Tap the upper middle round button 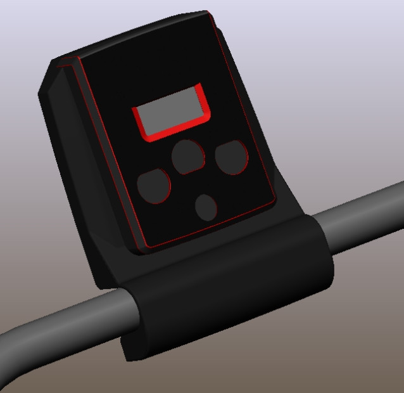click(188, 157)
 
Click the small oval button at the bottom click(206, 207)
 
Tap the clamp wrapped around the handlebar click(228, 285)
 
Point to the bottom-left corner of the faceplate click(145, 248)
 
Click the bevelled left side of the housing click(76, 158)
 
